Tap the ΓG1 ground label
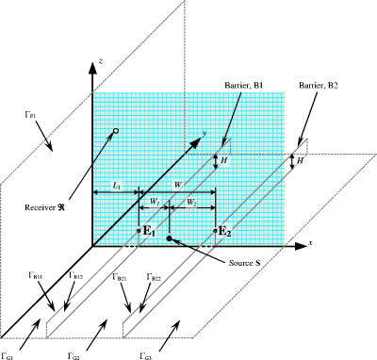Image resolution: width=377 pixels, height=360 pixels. coord(8,355)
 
